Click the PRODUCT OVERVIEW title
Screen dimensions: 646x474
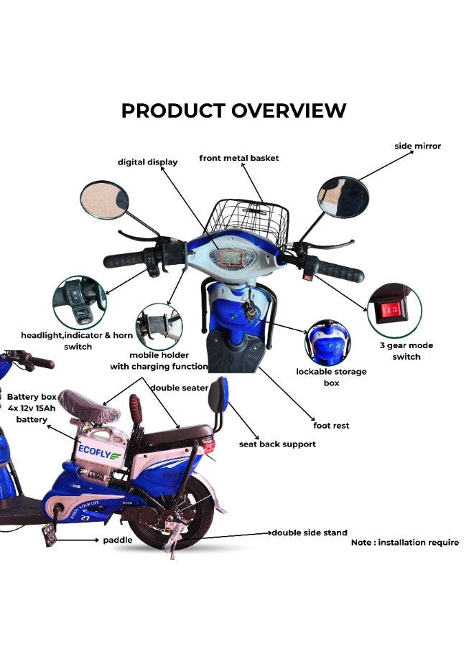[233, 111]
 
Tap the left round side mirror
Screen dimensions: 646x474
[103, 200]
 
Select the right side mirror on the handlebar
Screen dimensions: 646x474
[343, 197]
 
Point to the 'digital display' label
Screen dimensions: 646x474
[147, 162]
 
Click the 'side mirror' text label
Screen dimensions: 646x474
[417, 146]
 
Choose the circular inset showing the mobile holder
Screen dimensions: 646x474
[159, 327]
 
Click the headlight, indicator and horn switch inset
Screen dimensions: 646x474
[79, 301]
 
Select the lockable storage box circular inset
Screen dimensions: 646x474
[328, 342]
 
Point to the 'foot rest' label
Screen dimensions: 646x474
[331, 426]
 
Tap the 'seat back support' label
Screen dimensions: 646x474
[277, 444]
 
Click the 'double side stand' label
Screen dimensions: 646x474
[309, 533]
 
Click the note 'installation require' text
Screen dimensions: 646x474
[404, 543]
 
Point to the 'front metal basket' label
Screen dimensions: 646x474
[239, 158]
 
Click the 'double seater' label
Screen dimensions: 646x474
[179, 388]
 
